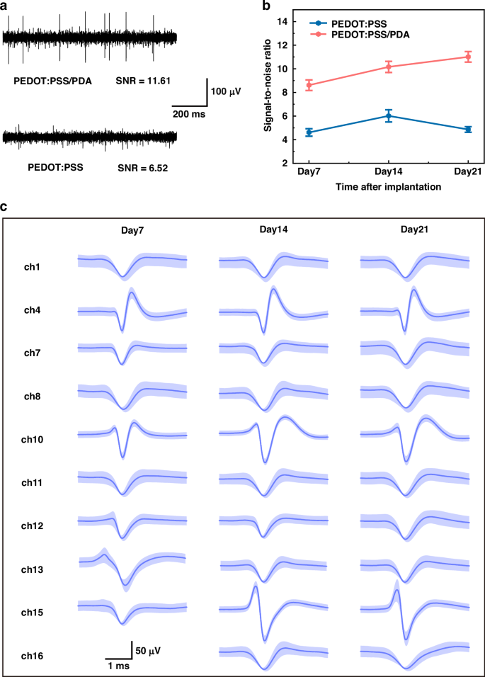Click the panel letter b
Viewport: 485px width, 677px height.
click(266, 6)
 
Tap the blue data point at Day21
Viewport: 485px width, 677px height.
click(468, 130)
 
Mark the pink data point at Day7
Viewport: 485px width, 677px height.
click(309, 85)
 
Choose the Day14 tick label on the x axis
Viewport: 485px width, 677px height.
click(389, 173)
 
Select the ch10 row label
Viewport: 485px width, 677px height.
click(32, 440)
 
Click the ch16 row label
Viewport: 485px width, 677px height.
click(32, 657)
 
